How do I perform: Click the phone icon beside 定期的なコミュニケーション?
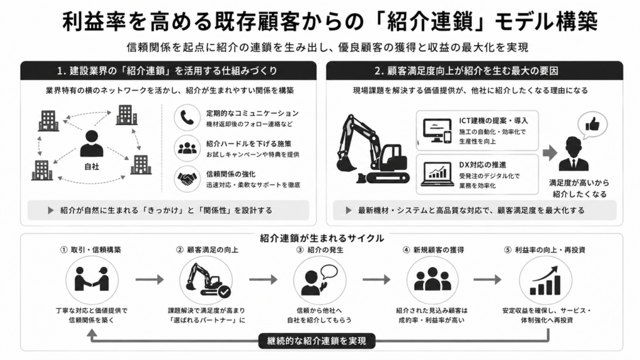[x=187, y=117]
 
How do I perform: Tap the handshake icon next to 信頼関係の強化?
[x=187, y=179]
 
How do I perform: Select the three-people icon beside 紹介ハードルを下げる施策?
[x=187, y=148]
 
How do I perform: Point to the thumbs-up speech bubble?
[x=592, y=124]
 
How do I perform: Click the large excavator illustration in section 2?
[x=372, y=149]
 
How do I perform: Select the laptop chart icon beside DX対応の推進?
[x=437, y=174]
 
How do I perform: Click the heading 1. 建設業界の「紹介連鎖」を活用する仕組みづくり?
[x=167, y=71]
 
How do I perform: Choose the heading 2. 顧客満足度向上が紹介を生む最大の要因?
[x=466, y=71]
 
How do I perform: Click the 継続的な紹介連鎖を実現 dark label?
[x=317, y=341]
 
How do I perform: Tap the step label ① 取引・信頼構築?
[x=91, y=250]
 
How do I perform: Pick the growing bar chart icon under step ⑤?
[x=545, y=281]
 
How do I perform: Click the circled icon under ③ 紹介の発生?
[x=319, y=281]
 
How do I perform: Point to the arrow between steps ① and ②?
[x=149, y=279]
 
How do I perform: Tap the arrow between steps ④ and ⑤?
[x=487, y=279]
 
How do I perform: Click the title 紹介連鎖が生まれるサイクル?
[x=322, y=238]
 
